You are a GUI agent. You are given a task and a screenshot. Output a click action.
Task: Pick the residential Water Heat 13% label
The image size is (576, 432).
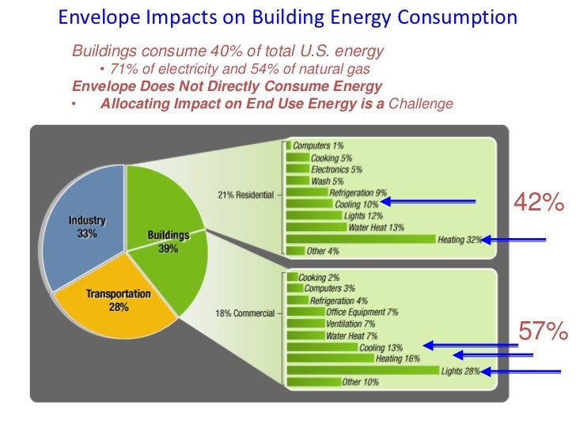coord(376,228)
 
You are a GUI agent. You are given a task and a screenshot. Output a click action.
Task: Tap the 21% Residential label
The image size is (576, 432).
coord(244,195)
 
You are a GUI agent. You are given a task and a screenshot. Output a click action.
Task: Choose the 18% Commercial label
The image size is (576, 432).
coord(244,313)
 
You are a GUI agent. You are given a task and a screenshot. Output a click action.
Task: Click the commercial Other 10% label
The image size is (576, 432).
coord(361,382)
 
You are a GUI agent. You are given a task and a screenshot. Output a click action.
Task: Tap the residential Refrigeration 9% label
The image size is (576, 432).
coord(358,192)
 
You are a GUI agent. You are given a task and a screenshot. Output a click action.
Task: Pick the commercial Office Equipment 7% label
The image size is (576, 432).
coord(362,313)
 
